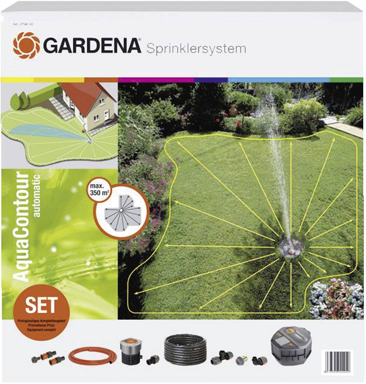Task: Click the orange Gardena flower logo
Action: click(x=26, y=45)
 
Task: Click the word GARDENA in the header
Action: click(x=92, y=46)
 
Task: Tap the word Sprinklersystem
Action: click(x=196, y=49)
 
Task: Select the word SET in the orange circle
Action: click(x=41, y=305)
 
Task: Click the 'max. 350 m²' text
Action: click(x=97, y=190)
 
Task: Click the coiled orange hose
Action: click(x=93, y=357)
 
